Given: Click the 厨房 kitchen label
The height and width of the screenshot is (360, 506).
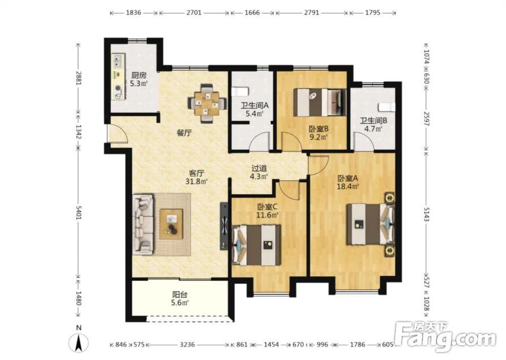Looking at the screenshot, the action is click(138, 76).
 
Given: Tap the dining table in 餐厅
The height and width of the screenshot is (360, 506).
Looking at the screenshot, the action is click(207, 103).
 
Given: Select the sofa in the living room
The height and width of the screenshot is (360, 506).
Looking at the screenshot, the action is click(143, 224).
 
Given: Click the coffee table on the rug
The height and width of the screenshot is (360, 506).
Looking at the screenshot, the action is click(171, 224).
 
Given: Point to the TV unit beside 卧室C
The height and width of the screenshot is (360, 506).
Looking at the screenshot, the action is click(224, 226).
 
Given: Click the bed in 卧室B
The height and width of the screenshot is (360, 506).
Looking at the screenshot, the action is click(320, 102).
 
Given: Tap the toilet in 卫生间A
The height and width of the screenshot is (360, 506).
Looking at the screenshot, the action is click(240, 92).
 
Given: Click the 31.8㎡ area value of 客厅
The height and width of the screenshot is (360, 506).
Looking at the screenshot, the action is click(196, 181).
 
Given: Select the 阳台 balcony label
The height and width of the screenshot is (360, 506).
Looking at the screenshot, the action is click(180, 295).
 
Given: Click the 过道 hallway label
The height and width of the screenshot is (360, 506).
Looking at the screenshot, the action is click(259, 168).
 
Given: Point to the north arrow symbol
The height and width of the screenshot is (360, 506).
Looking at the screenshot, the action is click(78, 342).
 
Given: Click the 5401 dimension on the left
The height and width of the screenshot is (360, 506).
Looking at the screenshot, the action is click(78, 211).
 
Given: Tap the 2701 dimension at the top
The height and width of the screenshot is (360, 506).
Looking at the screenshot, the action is click(194, 13).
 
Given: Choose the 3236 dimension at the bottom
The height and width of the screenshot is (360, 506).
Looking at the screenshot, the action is click(187, 345).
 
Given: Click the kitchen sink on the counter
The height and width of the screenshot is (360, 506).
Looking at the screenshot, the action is click(118, 60).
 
